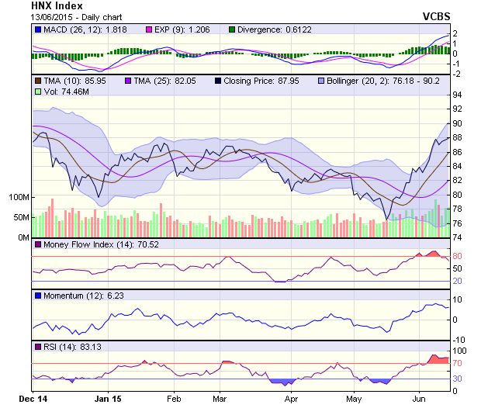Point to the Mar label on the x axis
(x=220, y=398)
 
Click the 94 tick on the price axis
(x=457, y=95)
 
